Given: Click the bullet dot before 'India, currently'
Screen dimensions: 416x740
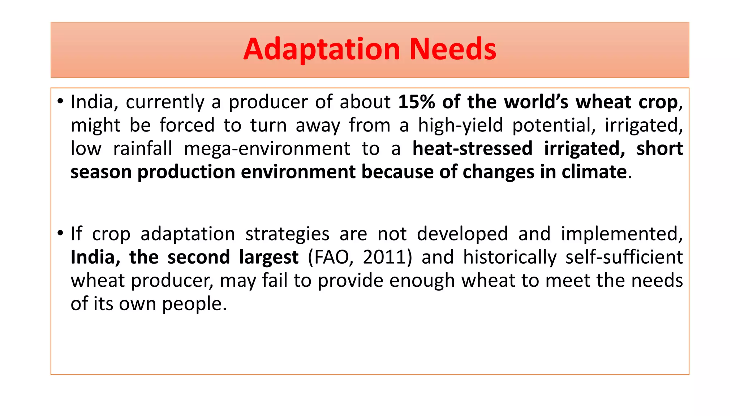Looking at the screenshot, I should [x=60, y=101].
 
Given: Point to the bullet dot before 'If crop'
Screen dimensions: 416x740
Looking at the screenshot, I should [x=60, y=233].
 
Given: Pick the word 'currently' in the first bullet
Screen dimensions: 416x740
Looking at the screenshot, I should [x=165, y=102].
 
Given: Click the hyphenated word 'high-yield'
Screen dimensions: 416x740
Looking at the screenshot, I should [x=460, y=125].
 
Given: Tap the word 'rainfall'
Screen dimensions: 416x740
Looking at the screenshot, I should [x=143, y=149].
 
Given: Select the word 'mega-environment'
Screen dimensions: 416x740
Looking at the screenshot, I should [x=267, y=149].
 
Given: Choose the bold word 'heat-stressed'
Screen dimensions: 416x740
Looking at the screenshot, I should [x=472, y=149].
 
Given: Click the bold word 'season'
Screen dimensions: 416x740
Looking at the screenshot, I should [x=101, y=172].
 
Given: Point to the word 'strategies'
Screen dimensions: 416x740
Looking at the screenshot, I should [x=287, y=234].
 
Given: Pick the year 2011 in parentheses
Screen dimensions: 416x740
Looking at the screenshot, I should [x=384, y=257].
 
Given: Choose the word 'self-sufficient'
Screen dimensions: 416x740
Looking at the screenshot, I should [x=624, y=257].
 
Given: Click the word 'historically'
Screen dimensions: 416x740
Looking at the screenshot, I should [x=510, y=257].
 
